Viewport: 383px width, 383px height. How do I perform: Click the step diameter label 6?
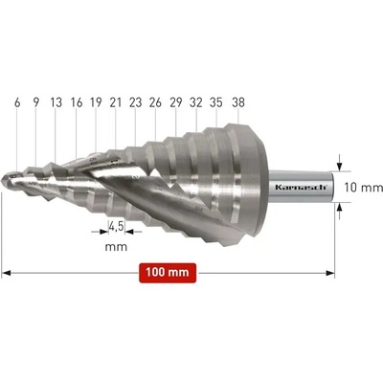(x=17, y=102)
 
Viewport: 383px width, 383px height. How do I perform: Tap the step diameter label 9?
(x=36, y=102)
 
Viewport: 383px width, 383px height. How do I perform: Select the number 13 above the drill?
(x=56, y=102)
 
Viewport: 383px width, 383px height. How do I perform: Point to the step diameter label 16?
(x=77, y=102)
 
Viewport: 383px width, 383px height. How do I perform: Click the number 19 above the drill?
(x=96, y=102)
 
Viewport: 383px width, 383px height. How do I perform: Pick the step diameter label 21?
(x=116, y=102)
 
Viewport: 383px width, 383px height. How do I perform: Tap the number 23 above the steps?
(x=136, y=102)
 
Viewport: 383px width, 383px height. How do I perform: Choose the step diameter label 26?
(x=155, y=102)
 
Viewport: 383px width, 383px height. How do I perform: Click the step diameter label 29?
(x=175, y=102)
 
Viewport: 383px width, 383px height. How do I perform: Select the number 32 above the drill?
(x=196, y=102)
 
